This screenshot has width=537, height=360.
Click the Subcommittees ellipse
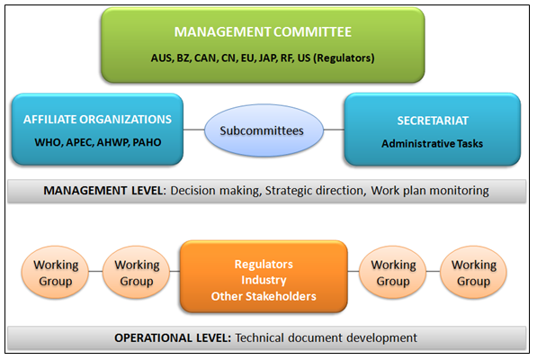tap(264, 130)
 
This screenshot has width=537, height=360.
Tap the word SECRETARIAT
tap(433, 121)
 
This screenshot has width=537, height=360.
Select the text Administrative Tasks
tap(432, 143)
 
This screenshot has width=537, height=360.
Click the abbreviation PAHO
tap(147, 142)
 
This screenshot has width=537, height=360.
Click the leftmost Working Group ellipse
tap(55, 273)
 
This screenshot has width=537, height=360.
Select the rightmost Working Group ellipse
tap(474, 273)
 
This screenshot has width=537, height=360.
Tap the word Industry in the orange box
tap(264, 280)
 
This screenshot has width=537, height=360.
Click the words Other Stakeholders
tap(264, 296)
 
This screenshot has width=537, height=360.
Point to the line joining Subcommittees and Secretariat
tap(334, 130)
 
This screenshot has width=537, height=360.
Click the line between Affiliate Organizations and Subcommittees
tap(193, 130)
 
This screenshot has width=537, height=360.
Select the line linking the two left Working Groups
tap(95, 271)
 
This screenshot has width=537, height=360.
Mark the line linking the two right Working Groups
tap(434, 271)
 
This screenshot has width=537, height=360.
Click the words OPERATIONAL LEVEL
tap(173, 337)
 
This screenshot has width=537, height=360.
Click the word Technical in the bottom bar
tap(259, 337)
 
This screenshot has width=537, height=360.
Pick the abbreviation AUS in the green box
tap(161, 58)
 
